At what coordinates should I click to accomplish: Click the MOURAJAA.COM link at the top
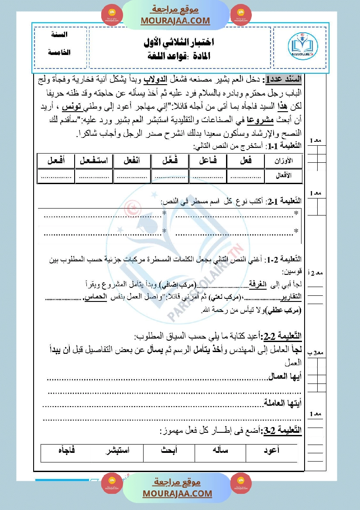[175, 21]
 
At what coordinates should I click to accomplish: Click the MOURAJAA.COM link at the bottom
[177, 493]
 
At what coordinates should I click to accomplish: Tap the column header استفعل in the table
[93, 161]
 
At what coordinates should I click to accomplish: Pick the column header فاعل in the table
[208, 161]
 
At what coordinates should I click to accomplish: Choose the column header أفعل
[56, 161]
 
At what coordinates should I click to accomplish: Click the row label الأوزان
[283, 161]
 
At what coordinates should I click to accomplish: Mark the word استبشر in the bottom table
[117, 450]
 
